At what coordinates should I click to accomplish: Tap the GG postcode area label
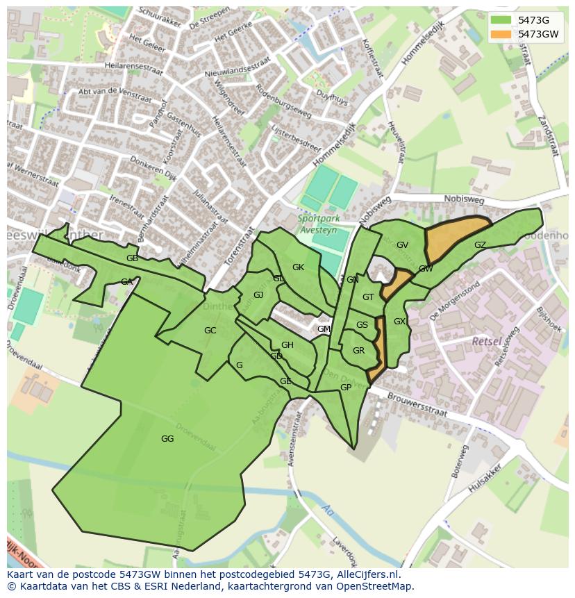pyautogui.click(x=167, y=438)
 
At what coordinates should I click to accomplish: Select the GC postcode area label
pyautogui.click(x=210, y=331)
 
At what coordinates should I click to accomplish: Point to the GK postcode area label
pyautogui.click(x=298, y=267)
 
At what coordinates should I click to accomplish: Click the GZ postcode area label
pyautogui.click(x=480, y=245)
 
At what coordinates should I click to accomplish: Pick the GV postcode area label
pyautogui.click(x=402, y=245)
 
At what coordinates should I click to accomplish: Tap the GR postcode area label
pyautogui.click(x=358, y=351)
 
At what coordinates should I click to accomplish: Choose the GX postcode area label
pyautogui.click(x=399, y=322)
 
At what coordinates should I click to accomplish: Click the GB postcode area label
pyautogui.click(x=132, y=258)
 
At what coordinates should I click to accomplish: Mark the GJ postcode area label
pyautogui.click(x=258, y=295)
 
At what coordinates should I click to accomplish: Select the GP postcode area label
pyautogui.click(x=345, y=388)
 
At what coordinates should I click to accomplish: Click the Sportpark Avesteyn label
pyautogui.click(x=324, y=224)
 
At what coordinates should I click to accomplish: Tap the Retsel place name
pyautogui.click(x=486, y=342)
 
